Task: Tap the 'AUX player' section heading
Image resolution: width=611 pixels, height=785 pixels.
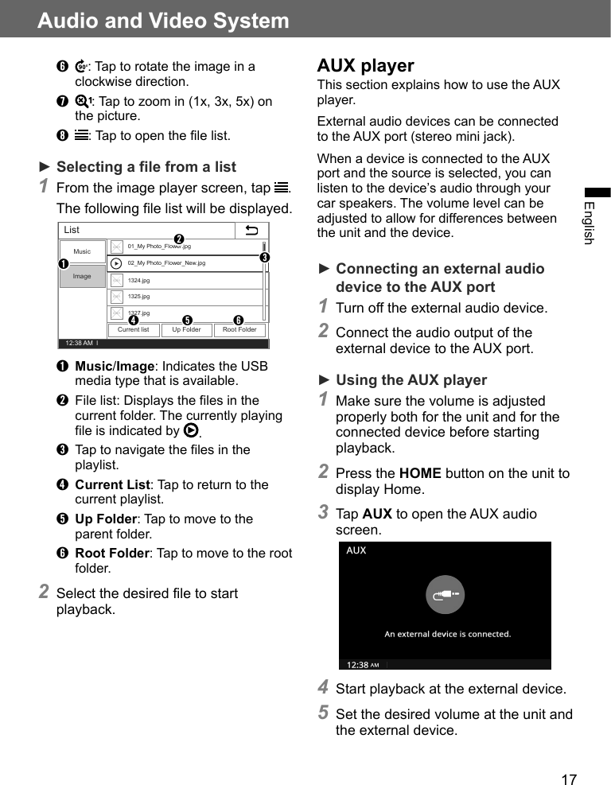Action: click(x=365, y=65)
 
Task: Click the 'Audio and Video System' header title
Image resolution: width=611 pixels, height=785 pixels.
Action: click(x=163, y=21)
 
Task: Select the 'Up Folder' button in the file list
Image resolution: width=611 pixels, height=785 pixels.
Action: click(x=186, y=330)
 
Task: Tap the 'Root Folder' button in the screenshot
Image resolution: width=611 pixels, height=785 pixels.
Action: click(x=239, y=330)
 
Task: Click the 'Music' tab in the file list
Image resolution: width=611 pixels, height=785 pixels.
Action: click(x=82, y=251)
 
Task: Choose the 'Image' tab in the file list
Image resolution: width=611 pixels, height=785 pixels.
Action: click(x=82, y=276)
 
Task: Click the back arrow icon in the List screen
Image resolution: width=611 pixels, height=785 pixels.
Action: click(x=252, y=231)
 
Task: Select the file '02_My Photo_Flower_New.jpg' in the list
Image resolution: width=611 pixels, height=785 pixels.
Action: click(x=166, y=262)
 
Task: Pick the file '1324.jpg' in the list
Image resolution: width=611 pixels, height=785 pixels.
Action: click(x=138, y=280)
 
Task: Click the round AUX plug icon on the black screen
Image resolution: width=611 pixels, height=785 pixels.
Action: click(x=445, y=594)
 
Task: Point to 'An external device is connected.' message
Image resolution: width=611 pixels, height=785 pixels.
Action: click(x=447, y=634)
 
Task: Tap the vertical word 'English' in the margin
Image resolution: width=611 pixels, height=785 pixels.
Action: click(x=589, y=223)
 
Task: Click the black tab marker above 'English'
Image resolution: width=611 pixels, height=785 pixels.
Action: click(x=597, y=192)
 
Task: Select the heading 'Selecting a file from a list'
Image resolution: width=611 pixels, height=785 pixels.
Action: click(x=146, y=166)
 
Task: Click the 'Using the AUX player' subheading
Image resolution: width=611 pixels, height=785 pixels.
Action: click(x=411, y=379)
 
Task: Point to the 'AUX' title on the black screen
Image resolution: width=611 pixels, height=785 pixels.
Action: click(x=356, y=550)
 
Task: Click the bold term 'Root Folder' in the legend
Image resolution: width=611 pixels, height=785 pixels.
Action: click(x=112, y=553)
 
